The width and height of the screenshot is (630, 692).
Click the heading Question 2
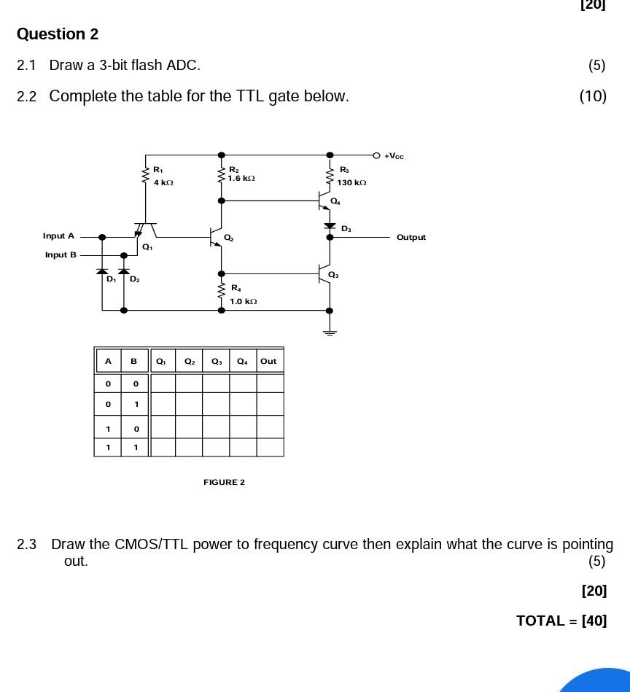(58, 34)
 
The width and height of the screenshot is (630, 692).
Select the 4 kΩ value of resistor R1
(163, 182)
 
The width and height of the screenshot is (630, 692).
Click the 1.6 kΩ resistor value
(241, 178)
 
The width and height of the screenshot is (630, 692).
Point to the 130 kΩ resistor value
(351, 183)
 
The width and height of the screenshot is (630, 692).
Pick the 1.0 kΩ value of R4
(244, 301)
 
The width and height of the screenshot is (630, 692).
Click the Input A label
(58, 236)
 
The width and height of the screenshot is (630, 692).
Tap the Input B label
(61, 255)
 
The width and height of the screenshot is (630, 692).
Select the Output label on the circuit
(411, 238)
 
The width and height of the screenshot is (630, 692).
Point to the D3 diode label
(346, 229)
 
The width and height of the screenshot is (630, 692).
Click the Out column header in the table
(268, 361)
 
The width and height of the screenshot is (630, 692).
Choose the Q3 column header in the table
(217, 361)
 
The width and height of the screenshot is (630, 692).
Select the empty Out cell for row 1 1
(270, 447)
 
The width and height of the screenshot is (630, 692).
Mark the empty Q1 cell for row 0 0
(163, 383)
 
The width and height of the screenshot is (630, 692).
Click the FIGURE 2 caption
(224, 482)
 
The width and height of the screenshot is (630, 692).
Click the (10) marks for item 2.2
(593, 96)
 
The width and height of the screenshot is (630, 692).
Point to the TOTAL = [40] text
(561, 621)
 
